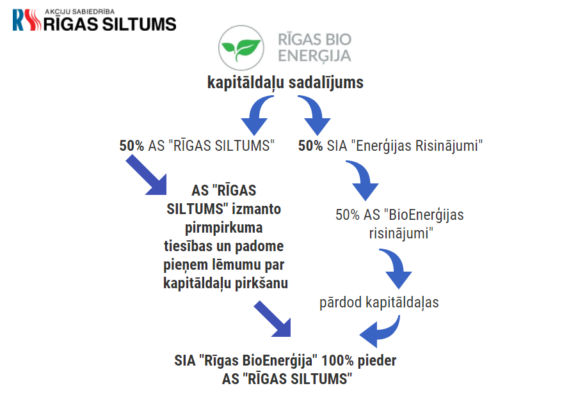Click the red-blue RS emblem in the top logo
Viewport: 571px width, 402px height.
[26, 20]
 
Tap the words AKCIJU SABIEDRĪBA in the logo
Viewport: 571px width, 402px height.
[79, 12]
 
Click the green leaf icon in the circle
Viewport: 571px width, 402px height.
[241, 49]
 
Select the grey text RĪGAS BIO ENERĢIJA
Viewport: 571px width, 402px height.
[315, 48]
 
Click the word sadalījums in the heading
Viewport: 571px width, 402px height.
[326, 82]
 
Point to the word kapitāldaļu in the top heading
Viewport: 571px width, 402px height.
[245, 82]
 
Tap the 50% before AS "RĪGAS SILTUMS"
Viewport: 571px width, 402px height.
[132, 146]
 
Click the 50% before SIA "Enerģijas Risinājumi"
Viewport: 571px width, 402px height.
[310, 146]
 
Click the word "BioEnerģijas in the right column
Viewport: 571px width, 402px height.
[424, 215]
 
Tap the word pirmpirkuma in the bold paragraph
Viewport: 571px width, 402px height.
[223, 228]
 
